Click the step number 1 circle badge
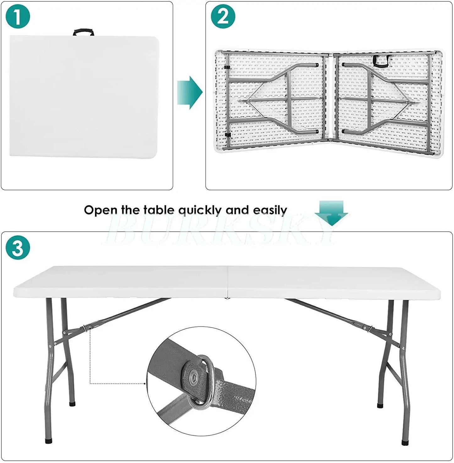pos(18,17)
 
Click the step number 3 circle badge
pos(18,248)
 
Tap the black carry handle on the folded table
pos(84,32)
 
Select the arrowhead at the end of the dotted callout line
pos(145,383)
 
